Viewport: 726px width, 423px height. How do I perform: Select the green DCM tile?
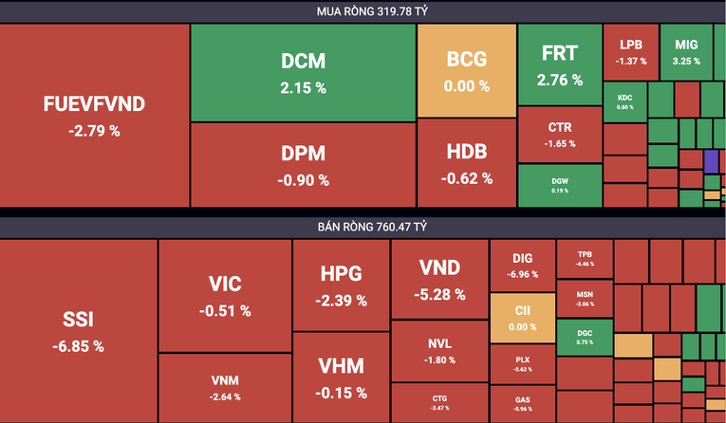pos(303,72)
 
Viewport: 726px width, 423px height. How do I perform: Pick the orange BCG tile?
pos(466,70)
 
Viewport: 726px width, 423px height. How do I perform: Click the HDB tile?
pos(466,162)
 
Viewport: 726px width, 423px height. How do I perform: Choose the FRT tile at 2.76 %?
pos(559,64)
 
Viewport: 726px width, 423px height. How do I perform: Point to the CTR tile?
pos(559,134)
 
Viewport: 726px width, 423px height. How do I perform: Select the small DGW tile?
pos(559,185)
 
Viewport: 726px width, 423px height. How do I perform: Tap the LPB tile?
pos(630,51)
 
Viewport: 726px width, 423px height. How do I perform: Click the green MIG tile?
pos(685,51)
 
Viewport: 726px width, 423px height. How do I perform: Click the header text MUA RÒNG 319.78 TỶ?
pos(363,11)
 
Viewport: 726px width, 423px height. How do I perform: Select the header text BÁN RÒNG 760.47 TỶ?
pos(363,228)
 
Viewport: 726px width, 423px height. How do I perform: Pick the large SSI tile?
pos(78,330)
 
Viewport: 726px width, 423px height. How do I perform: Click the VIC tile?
pos(224,295)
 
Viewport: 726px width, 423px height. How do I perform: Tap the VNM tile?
pos(224,387)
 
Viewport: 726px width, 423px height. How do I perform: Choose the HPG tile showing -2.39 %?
pos(341,285)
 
